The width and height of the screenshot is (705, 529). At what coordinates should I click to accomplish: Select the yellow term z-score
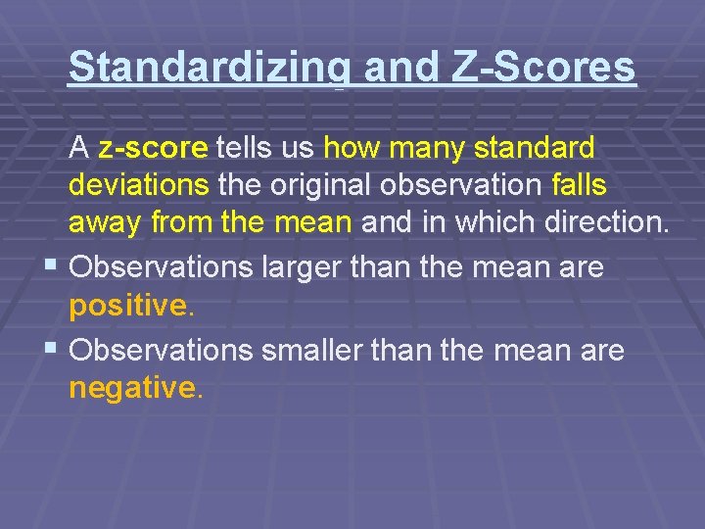coord(153,149)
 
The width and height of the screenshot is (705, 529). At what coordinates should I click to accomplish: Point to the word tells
coord(245,149)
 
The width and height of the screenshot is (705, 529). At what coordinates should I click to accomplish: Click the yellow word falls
coord(579,185)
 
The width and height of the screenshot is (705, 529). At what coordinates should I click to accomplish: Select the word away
coord(105,222)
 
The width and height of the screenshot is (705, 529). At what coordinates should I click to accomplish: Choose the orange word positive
coord(127,307)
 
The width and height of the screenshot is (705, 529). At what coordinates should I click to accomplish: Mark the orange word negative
coord(132,389)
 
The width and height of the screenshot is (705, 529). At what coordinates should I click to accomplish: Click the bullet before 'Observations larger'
coord(50,265)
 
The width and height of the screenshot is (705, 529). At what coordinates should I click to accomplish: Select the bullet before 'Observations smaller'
coord(50,349)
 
